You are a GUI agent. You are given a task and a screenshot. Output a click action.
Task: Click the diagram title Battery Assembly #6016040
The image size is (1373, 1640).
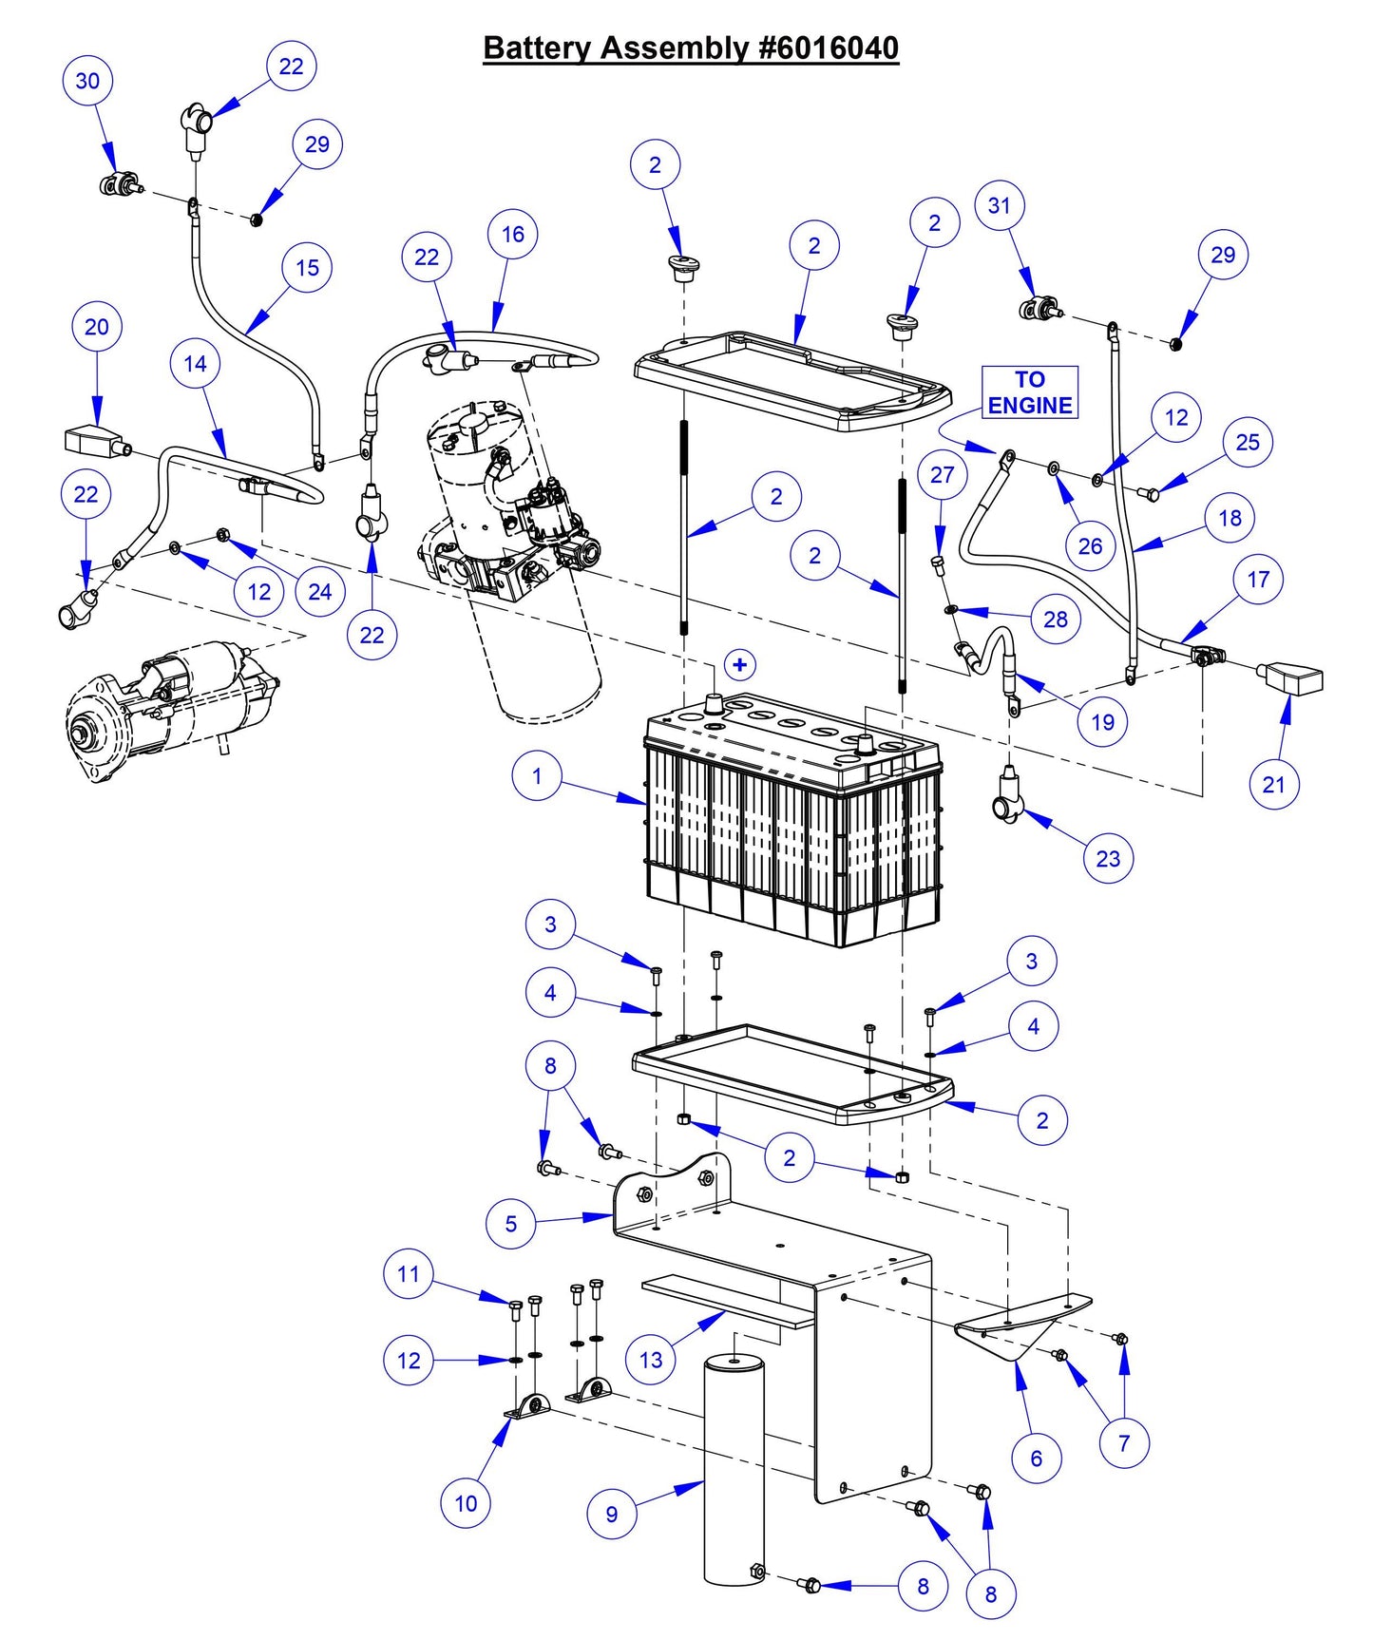[x=691, y=48]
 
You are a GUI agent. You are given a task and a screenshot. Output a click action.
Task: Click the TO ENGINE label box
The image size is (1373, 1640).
[x=1030, y=392]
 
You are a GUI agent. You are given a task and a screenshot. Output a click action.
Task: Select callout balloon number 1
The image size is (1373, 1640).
[x=537, y=775]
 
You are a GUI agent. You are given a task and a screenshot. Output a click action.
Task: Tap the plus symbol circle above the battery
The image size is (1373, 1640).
[x=740, y=665]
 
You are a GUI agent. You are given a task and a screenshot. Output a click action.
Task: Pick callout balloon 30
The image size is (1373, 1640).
[x=87, y=81]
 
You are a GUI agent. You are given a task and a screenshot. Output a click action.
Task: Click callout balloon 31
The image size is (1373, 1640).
[x=1000, y=205]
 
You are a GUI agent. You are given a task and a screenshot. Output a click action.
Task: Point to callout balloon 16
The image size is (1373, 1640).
[x=513, y=234]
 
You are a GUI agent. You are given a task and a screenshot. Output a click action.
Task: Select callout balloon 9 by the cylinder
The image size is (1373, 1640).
[x=612, y=1514]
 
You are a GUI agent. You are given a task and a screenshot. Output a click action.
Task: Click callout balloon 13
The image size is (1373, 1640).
[x=651, y=1360]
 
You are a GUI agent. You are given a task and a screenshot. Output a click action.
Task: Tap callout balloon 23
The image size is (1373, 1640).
[x=1109, y=858]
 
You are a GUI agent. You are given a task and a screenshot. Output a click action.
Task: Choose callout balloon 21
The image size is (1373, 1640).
[x=1274, y=784]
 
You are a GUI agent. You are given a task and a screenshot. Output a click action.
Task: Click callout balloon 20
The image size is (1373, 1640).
[x=97, y=327]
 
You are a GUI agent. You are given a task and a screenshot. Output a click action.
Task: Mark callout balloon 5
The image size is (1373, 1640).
[x=511, y=1223]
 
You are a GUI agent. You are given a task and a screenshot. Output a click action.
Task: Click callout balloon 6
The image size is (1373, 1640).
[x=1037, y=1458]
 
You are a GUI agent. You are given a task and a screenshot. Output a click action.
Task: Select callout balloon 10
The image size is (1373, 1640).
[x=466, y=1503]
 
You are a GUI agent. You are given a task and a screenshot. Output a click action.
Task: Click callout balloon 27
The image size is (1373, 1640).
[x=942, y=474]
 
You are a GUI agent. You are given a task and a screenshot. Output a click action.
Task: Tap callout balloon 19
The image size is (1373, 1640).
[x=1102, y=722]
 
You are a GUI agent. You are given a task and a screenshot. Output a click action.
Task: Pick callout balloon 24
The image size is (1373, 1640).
[x=320, y=592]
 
